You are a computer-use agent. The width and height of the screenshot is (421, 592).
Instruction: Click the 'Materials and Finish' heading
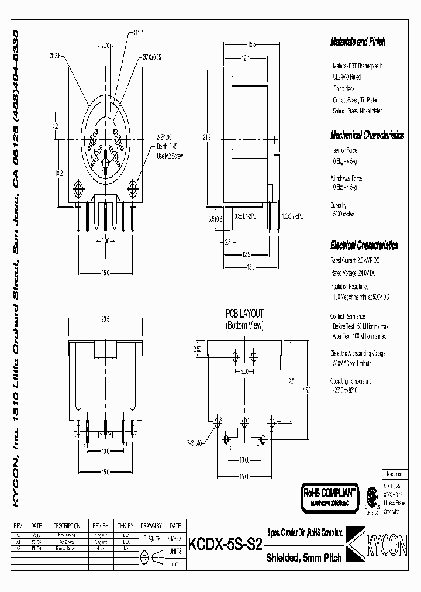[x=358, y=42]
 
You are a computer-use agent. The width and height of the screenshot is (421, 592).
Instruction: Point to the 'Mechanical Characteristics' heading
[x=367, y=135]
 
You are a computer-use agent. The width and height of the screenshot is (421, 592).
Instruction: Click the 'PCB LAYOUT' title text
[x=244, y=313]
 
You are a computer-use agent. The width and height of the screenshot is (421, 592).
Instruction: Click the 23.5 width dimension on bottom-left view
[x=106, y=319]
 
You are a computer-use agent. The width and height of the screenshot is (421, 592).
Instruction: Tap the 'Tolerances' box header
[x=391, y=472]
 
